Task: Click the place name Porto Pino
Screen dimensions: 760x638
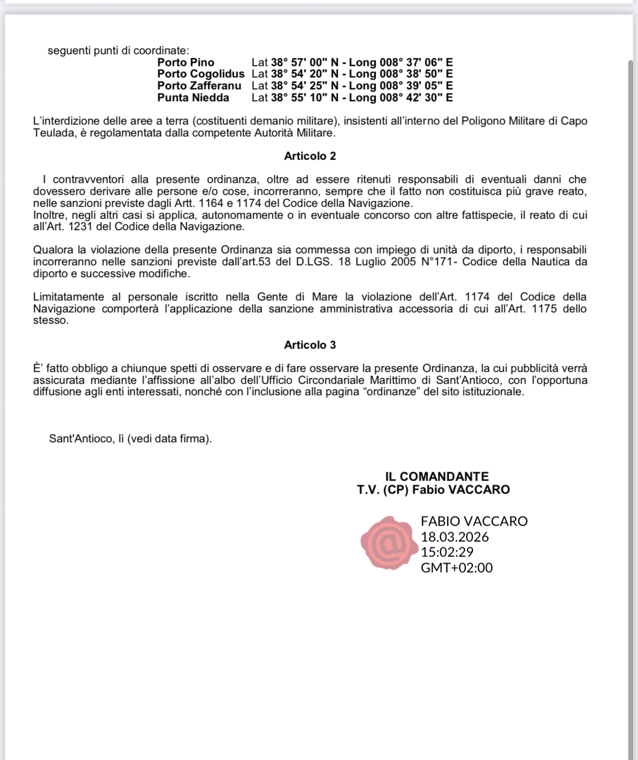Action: pos(186,62)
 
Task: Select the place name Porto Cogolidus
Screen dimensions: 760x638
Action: pos(201,74)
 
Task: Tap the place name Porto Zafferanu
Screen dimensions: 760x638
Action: pos(199,86)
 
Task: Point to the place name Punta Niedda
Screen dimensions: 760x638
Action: pos(193,97)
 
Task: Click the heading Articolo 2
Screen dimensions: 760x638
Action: pos(310,156)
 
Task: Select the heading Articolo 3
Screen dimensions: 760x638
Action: pos(310,345)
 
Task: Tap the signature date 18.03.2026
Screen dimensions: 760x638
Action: pos(455,537)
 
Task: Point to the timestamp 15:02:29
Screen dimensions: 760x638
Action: pos(447,552)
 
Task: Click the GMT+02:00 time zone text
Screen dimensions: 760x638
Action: pos(457,568)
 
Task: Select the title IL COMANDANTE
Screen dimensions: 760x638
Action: pos(437,476)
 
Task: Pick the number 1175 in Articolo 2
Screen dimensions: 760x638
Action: pos(544,309)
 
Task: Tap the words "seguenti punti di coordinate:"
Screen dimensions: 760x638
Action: pos(119,51)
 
